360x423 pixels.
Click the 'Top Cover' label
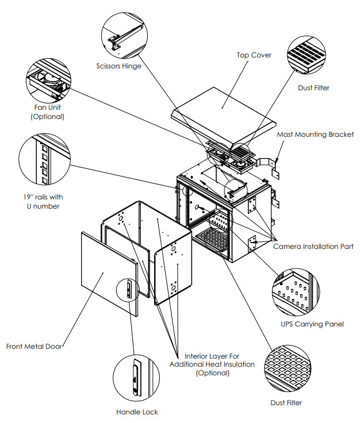[254, 55]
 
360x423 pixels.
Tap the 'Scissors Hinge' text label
[119, 66]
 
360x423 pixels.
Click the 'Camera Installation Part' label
[313, 246]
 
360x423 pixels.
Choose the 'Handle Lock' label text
[136, 412]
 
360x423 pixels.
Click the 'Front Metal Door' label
[33, 347]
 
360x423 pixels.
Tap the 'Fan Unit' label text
[48, 107]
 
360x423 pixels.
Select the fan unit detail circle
[48, 79]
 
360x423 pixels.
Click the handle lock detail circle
[136, 378]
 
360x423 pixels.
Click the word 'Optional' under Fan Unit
[48, 117]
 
